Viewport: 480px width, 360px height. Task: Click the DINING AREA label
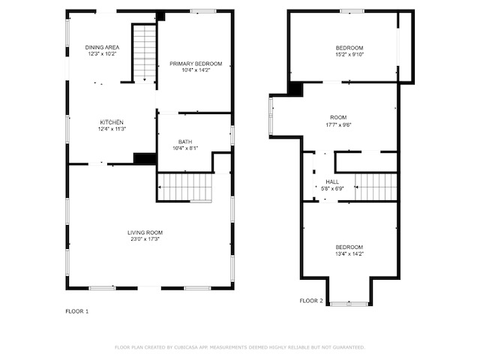click(x=102, y=47)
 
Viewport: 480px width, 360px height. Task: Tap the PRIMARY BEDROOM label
click(x=196, y=64)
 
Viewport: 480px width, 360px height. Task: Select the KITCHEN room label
click(x=112, y=122)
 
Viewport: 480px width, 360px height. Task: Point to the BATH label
click(x=185, y=142)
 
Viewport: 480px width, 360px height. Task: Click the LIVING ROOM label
click(x=145, y=232)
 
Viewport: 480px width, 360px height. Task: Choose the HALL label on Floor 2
click(x=332, y=181)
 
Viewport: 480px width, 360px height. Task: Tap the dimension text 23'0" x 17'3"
click(x=145, y=239)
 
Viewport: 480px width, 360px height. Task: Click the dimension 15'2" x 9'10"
click(x=349, y=55)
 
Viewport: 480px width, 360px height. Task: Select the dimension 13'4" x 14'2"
click(x=349, y=253)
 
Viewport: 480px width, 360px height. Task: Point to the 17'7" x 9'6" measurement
click(x=338, y=124)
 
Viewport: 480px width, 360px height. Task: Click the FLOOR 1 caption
click(x=76, y=311)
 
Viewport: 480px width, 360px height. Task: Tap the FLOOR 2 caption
click(x=311, y=301)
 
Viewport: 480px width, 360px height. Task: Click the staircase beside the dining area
click(x=145, y=53)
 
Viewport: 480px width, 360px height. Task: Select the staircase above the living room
click(x=185, y=187)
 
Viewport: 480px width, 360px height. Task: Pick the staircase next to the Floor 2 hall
click(x=376, y=187)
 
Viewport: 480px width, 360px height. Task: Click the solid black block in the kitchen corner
click(x=145, y=158)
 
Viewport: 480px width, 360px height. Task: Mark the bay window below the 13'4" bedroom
click(x=349, y=304)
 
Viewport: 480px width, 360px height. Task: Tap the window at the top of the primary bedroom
click(x=203, y=11)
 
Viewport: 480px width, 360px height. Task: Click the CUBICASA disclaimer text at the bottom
click(x=240, y=347)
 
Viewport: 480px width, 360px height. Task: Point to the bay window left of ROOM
click(x=271, y=116)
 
